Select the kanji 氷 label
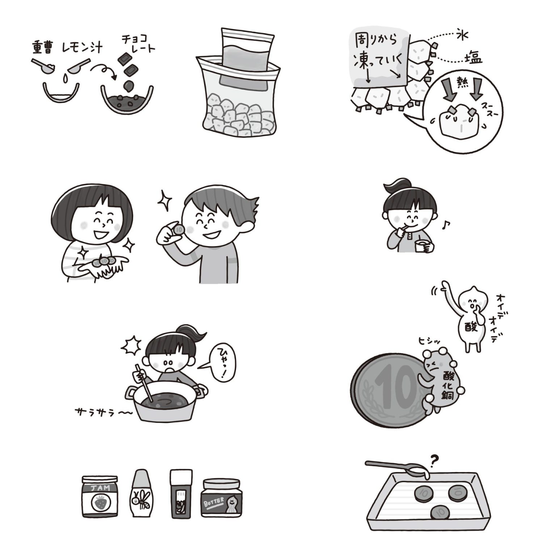[x=462, y=35]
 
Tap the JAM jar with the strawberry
[x=100, y=497]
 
